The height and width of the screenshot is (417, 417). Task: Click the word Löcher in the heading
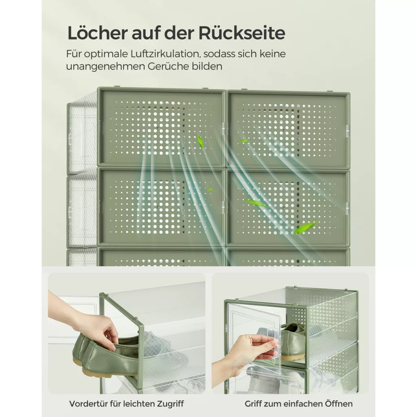tap(97, 33)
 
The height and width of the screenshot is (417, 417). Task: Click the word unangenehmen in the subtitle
tap(105, 66)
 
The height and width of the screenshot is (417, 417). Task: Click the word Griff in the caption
tap(253, 404)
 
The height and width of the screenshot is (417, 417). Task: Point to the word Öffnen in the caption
tap(339, 404)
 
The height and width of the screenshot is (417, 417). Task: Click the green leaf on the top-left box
tap(200, 142)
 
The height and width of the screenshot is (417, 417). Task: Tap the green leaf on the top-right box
tap(245, 141)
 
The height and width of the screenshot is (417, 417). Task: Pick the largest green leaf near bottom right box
tap(305, 228)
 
